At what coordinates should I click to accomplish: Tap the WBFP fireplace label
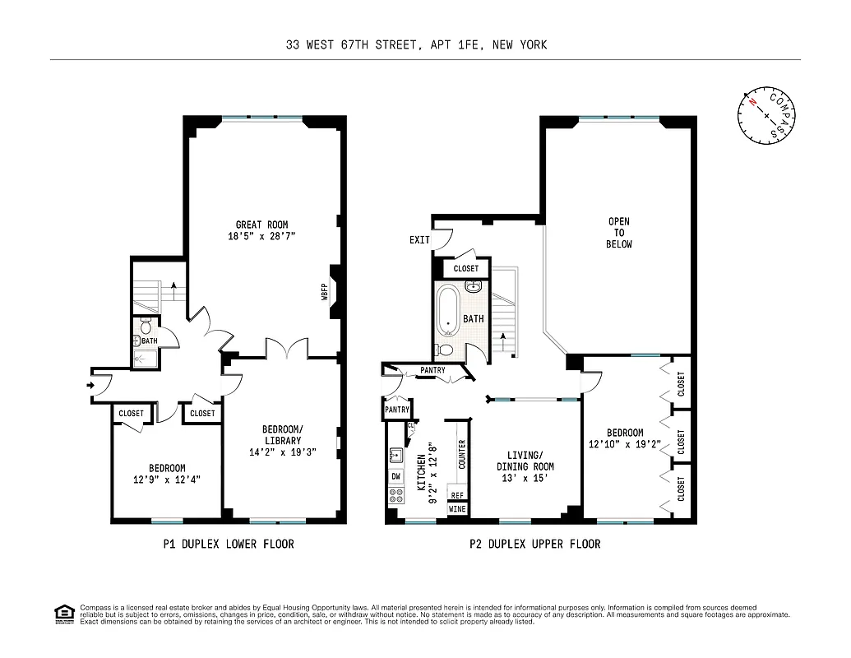coord(325,292)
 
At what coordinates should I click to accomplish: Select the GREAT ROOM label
coord(261,225)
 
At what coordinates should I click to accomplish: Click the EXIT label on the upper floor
coord(419,240)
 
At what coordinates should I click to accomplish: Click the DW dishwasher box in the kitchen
coord(396,476)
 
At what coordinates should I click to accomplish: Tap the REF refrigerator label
coord(457,495)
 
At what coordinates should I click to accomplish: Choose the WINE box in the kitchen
coord(457,509)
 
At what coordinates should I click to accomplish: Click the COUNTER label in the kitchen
coord(461,455)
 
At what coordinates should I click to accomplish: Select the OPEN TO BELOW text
coord(619,233)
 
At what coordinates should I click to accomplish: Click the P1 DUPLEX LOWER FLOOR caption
coord(229,544)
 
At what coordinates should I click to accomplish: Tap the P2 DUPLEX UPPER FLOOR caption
coord(534,544)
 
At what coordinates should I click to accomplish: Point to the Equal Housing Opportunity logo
coord(62,613)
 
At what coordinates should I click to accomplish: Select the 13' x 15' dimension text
coord(525,478)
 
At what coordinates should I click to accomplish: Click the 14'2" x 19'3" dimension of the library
coord(282,452)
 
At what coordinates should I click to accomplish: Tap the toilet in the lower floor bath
coord(145,323)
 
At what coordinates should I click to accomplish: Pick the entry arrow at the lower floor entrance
coord(89,382)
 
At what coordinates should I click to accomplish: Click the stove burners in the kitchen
coord(396,495)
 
